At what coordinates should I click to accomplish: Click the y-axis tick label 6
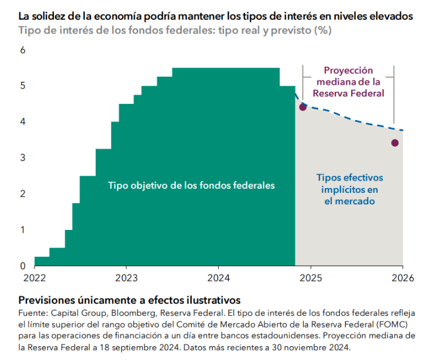[x=23, y=51]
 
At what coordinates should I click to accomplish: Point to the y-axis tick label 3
[x=23, y=157]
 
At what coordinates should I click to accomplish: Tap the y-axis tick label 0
[x=23, y=266]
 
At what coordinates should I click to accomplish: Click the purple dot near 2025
[x=302, y=107]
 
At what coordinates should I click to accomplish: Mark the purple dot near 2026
[x=395, y=143]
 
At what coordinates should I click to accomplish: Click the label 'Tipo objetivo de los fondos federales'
[x=192, y=186]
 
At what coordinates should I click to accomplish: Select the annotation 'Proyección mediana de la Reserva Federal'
[x=348, y=81]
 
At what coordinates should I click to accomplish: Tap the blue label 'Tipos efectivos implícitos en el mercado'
[x=349, y=189]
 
